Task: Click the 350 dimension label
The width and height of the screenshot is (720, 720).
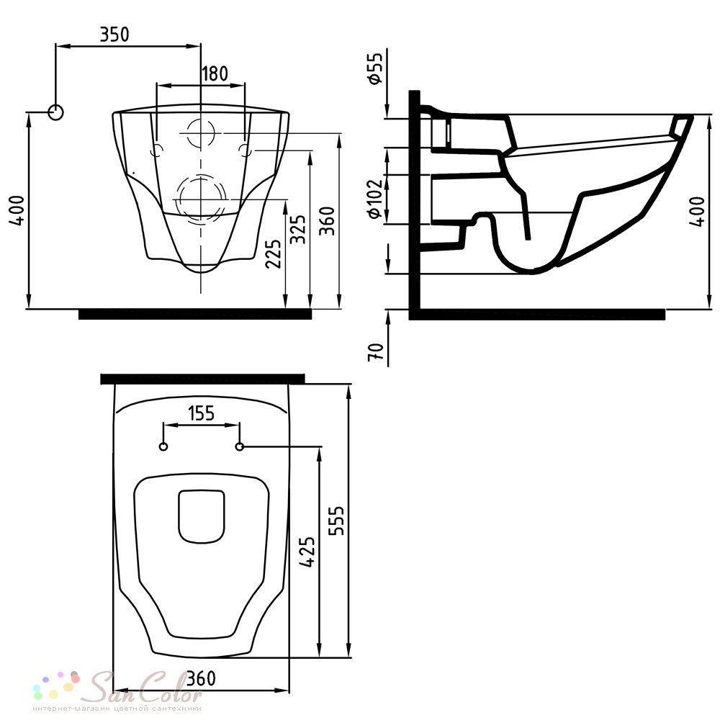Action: point(114,35)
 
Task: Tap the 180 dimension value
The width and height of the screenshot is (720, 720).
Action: point(215,73)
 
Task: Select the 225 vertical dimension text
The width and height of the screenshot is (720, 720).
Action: point(273,253)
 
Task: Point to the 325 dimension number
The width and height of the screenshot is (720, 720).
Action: point(299,229)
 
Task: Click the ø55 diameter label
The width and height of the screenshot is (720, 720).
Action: point(374,68)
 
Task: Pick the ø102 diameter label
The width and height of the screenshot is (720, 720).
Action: point(374,199)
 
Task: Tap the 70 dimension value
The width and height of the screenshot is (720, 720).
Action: point(376,352)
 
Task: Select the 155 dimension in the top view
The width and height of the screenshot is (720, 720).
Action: point(202,413)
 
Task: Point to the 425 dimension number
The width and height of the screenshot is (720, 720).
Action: point(307,552)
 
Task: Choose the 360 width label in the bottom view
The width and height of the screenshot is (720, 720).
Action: point(202,678)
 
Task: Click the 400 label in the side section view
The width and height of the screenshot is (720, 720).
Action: point(697,211)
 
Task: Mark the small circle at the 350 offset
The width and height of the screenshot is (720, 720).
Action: point(55,112)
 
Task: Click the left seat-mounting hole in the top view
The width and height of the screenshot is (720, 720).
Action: point(163,446)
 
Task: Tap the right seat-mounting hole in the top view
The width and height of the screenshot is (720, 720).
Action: point(239,446)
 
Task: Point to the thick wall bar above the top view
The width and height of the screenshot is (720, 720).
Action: point(202,379)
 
